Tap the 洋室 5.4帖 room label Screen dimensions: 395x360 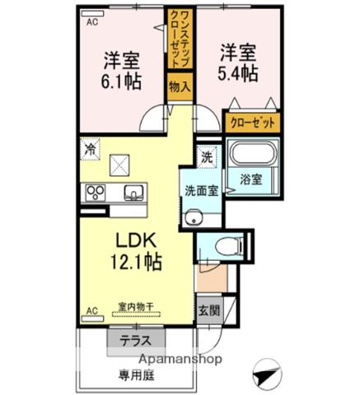(237, 63)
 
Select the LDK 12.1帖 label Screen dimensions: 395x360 (131, 250)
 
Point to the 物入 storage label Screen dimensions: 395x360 (180, 85)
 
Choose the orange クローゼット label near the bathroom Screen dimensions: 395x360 (252, 122)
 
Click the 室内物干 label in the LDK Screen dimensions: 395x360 (132, 306)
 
